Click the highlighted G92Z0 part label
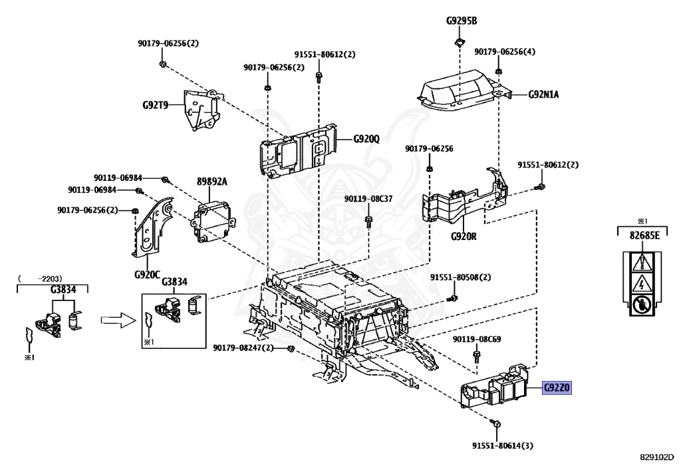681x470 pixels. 557,389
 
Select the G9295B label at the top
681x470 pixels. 461,21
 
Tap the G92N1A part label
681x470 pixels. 543,94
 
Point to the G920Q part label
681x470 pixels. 366,139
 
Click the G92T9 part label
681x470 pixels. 156,105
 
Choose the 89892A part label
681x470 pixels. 211,181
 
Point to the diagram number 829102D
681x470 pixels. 657,457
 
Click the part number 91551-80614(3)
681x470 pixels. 501,446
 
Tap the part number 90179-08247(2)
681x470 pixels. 243,348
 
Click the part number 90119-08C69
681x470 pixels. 477,339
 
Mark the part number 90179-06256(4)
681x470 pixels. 504,51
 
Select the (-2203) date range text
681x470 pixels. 39,278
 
